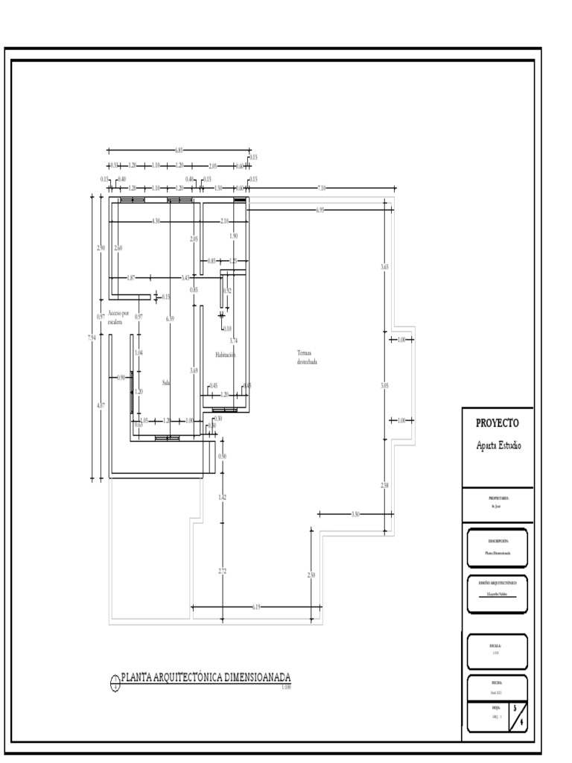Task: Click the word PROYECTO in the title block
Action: (498, 423)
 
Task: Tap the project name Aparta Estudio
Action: (498, 446)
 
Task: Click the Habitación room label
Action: (226, 355)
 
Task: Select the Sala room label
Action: (166, 382)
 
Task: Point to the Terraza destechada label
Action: (307, 357)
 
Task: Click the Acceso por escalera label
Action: (118, 318)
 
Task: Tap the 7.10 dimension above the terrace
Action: (321, 188)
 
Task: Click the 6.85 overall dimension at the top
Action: (179, 151)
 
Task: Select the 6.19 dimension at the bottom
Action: (257, 607)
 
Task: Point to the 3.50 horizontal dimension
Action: (355, 513)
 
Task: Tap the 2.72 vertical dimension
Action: (222, 572)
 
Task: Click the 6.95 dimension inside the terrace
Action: (320, 211)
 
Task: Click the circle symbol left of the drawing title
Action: (115, 680)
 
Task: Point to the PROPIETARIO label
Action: (498, 498)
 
